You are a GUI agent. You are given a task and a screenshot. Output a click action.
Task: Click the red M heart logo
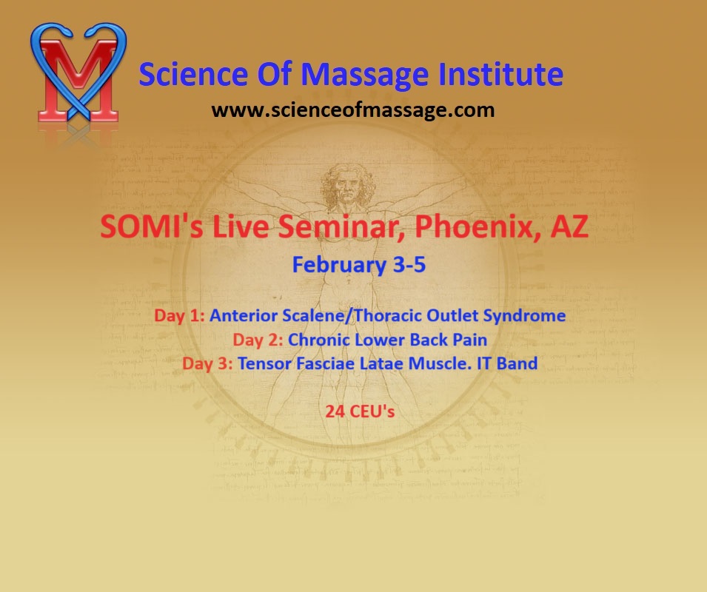pos(78,73)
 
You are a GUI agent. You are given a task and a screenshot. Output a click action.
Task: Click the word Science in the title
pos(193,74)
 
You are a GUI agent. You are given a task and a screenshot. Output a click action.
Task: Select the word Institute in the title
pos(501,74)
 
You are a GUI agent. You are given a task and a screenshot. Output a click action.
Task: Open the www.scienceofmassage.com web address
pos(353,110)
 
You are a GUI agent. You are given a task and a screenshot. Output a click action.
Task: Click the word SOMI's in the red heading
pos(152,226)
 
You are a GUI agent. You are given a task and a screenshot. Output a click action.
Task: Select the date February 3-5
pos(359,264)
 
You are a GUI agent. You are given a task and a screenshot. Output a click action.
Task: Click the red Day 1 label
pos(179,316)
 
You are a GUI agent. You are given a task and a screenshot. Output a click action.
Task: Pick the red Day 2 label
pos(258,340)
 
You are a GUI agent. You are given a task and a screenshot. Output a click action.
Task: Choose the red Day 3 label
pos(207,364)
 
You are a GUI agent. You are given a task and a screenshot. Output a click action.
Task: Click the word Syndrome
pos(524,316)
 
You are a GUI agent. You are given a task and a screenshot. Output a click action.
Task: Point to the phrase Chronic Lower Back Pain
pos(388,340)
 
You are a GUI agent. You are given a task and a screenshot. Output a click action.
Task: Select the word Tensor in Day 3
pos(264,363)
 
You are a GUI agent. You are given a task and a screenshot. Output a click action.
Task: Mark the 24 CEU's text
pos(360,411)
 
